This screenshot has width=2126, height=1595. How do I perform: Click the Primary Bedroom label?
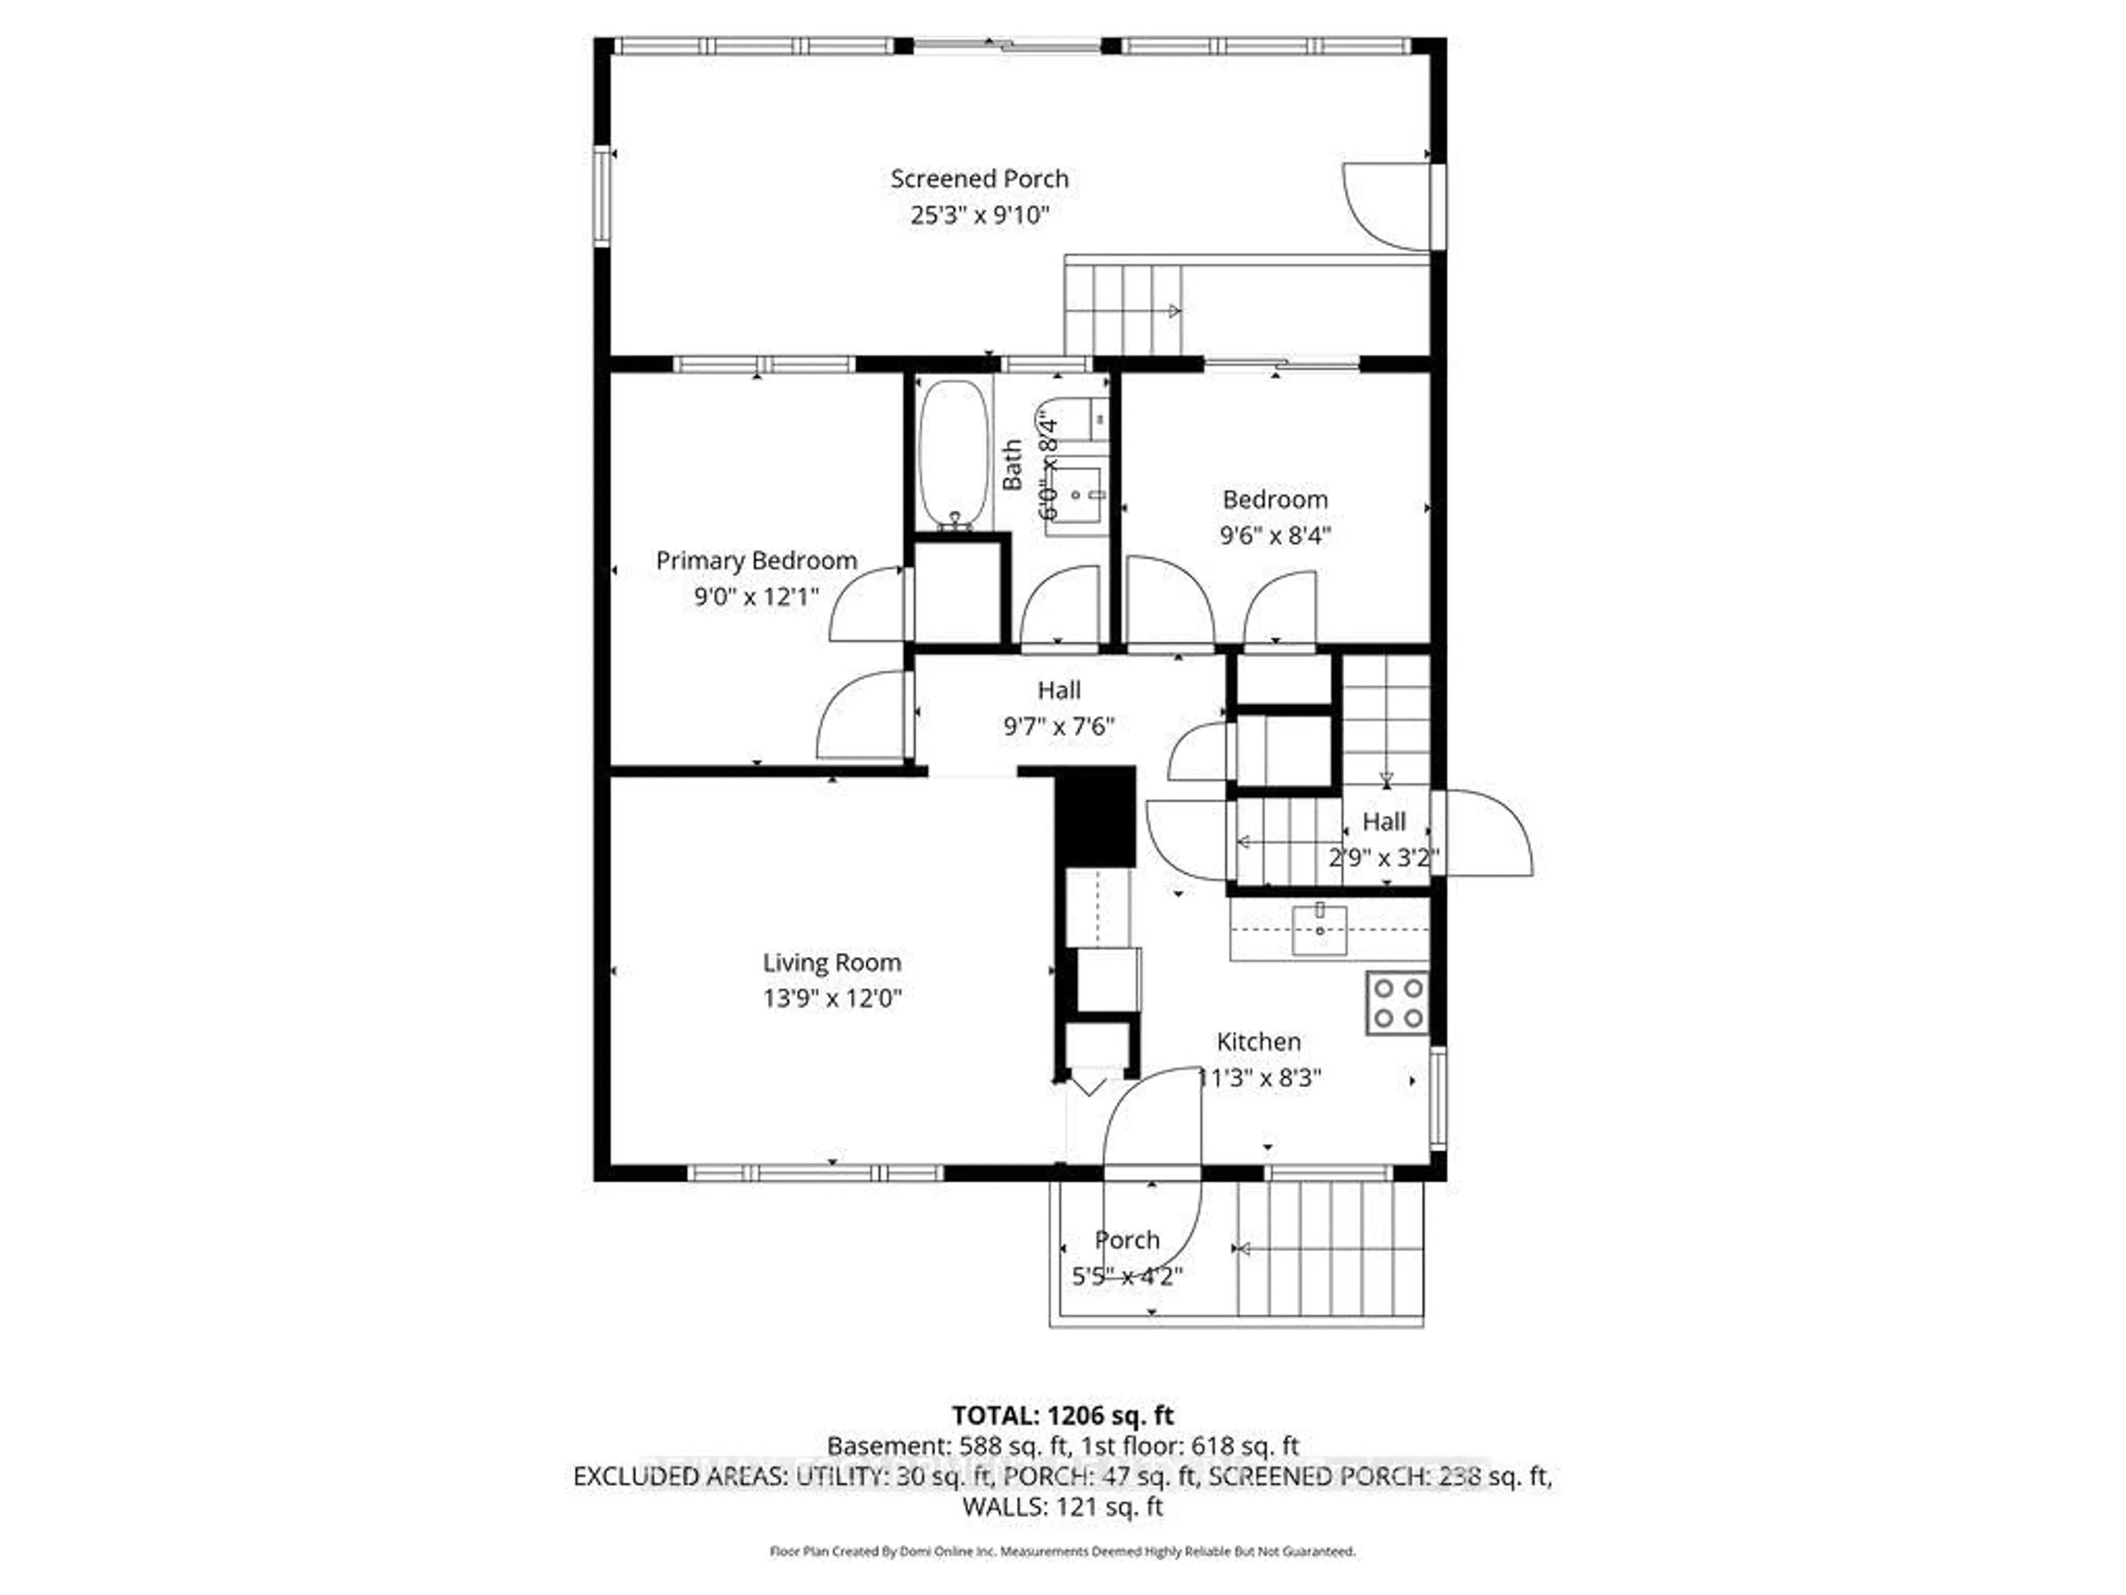point(756,560)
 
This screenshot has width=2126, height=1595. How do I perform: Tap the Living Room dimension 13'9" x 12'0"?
point(832,998)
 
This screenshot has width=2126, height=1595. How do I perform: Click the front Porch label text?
point(1127,1240)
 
